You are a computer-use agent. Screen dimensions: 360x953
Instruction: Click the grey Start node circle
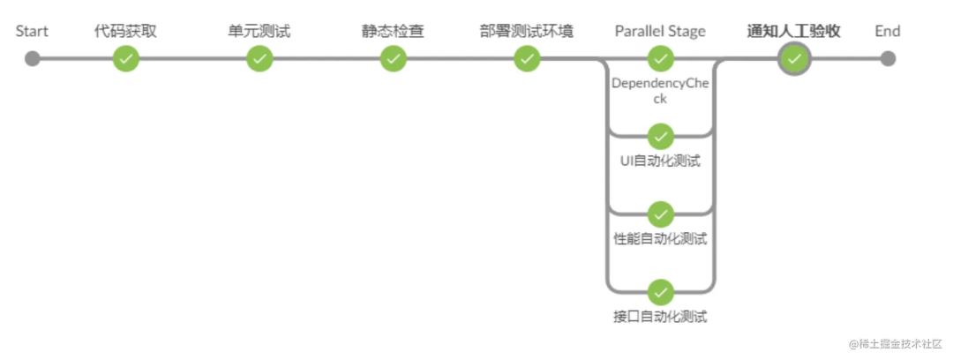click(33, 59)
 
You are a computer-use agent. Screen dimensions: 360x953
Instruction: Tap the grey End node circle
click(888, 59)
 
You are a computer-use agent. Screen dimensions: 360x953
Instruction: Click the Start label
click(32, 32)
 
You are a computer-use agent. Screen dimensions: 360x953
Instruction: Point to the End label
click(888, 32)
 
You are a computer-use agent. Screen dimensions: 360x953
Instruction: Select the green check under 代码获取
click(126, 59)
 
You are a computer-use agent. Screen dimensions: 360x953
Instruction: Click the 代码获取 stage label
click(126, 32)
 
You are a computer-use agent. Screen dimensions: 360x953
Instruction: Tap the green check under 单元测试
click(259, 59)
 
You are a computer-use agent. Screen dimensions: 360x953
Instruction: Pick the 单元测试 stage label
click(259, 32)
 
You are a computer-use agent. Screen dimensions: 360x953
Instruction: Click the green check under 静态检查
click(393, 59)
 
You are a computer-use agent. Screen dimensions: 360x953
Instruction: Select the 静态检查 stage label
click(393, 32)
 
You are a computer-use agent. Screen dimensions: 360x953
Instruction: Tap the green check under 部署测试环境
click(527, 59)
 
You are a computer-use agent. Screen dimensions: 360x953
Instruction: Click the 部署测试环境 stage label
click(527, 32)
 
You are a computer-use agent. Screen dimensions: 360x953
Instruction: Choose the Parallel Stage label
click(660, 32)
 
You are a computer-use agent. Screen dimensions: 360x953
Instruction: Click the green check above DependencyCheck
click(660, 59)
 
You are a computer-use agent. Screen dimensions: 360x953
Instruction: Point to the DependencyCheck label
click(660, 91)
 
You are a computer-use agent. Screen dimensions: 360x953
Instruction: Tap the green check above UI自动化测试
click(660, 137)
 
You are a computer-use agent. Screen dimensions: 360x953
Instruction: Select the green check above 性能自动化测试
click(660, 214)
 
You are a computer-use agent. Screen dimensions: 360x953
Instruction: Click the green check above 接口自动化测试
click(660, 292)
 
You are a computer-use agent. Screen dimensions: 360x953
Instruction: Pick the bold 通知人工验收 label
click(794, 32)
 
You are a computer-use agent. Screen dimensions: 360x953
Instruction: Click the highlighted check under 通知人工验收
click(794, 59)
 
